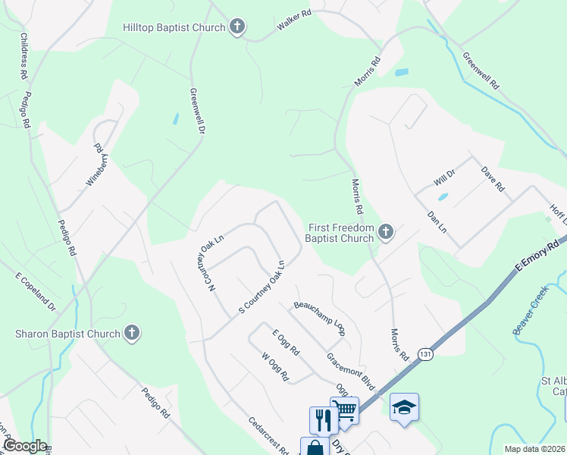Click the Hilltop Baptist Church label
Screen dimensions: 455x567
(x=174, y=28)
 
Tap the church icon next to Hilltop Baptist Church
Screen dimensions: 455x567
(x=237, y=28)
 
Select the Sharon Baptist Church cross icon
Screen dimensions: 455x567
(x=132, y=333)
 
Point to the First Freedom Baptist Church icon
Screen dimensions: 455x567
(x=386, y=231)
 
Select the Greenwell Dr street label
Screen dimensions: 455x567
(x=198, y=112)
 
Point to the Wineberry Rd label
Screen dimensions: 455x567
(x=99, y=149)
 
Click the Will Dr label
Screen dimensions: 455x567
(x=443, y=178)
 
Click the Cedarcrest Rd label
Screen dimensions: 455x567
(x=268, y=436)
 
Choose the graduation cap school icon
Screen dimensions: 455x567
(x=404, y=408)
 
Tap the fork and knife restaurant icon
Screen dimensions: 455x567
(x=324, y=419)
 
